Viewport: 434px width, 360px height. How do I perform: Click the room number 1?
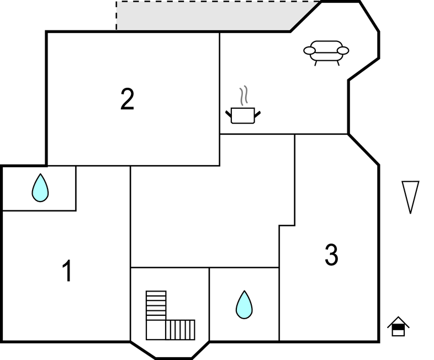67,271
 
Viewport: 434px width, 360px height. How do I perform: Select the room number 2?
128,99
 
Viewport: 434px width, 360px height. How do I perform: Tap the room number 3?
331,255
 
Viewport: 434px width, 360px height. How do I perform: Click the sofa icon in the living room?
326,53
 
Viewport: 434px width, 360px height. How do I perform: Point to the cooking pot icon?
243,115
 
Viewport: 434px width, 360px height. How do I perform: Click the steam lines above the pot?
244,96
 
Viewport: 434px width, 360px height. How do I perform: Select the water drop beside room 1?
40,188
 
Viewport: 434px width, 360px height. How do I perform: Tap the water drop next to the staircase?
244,305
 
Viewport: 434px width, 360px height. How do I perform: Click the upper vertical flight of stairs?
156,305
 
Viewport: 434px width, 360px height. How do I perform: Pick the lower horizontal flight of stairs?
181,330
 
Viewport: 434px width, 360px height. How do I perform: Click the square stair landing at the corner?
156,330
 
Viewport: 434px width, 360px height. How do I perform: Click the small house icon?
398,326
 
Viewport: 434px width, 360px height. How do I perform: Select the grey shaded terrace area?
210,16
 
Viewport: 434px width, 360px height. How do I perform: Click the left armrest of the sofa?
309,51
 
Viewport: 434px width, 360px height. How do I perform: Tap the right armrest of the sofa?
343,51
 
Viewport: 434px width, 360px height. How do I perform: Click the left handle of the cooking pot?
229,114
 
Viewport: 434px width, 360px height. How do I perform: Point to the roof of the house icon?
398,322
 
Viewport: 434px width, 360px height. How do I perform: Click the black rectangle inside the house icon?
398,328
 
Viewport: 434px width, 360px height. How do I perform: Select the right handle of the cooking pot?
257,114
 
